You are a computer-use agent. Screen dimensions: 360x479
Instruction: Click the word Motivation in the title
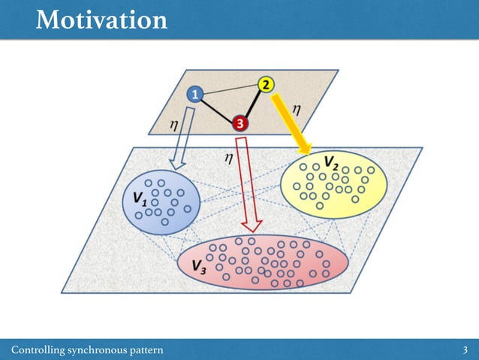[x=101, y=20]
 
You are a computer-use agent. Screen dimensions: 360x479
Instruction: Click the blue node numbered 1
[x=194, y=95]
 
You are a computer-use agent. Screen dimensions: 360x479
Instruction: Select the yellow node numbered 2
[x=267, y=84]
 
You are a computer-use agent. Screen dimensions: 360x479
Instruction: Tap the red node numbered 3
[x=239, y=123]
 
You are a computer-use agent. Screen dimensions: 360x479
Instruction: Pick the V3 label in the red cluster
[x=200, y=266]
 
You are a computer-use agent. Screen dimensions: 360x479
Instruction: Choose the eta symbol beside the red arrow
[x=229, y=157]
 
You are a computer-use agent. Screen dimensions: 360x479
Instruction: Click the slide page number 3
[x=466, y=350]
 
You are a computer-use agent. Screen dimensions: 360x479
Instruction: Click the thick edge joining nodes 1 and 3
[x=216, y=109]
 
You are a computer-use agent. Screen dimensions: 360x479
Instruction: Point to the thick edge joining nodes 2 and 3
[x=253, y=104]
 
